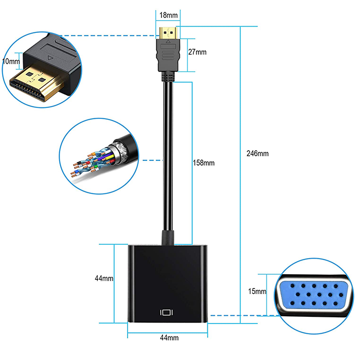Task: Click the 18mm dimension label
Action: (x=169, y=15)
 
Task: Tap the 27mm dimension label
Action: (x=197, y=52)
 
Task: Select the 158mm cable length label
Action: (x=204, y=163)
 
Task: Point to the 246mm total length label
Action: (x=257, y=153)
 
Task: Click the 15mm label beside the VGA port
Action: (x=257, y=291)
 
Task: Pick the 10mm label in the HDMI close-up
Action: (x=11, y=61)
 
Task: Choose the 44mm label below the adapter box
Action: (x=169, y=337)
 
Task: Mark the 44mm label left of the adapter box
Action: (x=104, y=278)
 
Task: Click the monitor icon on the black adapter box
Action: (x=167, y=313)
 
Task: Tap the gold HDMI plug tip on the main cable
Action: (x=168, y=33)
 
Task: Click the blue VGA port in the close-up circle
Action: (x=314, y=295)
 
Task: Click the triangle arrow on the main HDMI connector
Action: (x=168, y=42)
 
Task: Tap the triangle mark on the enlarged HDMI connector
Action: (x=50, y=58)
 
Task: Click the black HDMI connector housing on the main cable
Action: (x=168, y=55)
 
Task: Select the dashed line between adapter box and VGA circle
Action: (x=244, y=315)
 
